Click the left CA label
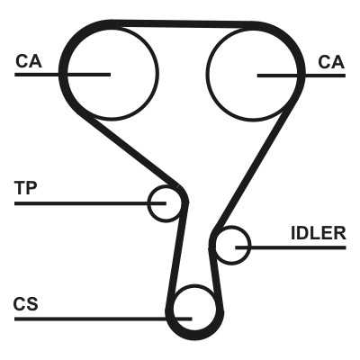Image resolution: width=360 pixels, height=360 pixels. (29, 61)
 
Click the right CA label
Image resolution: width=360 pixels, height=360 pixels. (331, 62)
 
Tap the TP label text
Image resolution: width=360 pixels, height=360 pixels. (25, 188)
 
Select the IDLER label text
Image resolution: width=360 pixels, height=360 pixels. (319, 233)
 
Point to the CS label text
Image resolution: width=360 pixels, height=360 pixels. (25, 303)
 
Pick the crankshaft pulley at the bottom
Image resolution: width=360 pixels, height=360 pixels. (195, 285)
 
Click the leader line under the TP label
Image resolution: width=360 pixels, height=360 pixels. (90, 203)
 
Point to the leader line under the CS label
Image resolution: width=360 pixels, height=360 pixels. (103, 319)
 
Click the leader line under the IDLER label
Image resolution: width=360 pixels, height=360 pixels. (291, 247)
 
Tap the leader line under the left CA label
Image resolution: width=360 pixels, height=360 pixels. (62, 75)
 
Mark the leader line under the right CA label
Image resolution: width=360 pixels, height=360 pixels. (301, 76)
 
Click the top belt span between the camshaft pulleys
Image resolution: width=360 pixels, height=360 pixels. (183, 24)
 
